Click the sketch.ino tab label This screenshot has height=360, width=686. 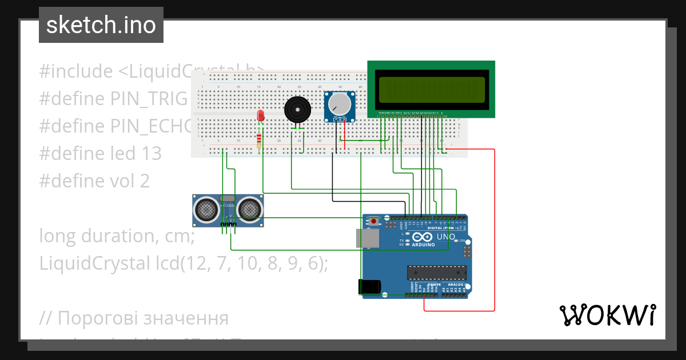(x=101, y=25)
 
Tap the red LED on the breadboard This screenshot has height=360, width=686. (x=261, y=116)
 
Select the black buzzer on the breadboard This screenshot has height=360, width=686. (x=297, y=109)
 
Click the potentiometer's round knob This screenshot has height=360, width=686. (x=340, y=104)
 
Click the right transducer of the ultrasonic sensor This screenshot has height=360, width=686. (x=250, y=210)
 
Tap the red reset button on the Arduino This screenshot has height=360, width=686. (x=374, y=221)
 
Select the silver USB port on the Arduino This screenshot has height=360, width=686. (x=366, y=238)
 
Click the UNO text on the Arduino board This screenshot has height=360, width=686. (x=446, y=237)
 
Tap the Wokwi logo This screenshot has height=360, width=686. (x=607, y=315)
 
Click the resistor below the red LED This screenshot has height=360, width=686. (x=260, y=139)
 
